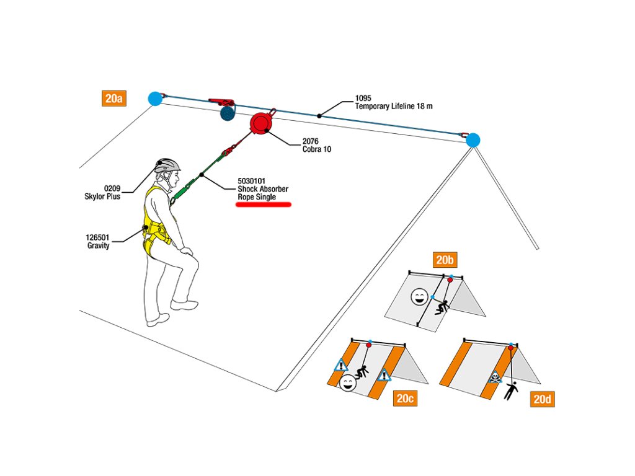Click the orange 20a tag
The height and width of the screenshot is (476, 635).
point(113,99)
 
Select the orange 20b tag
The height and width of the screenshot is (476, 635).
point(445,259)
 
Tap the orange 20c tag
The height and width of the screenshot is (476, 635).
point(405,399)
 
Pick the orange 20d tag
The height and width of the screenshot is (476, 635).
point(542,399)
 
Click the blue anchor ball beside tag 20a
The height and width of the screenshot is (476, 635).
point(154,98)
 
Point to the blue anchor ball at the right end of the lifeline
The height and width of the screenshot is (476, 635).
point(473,140)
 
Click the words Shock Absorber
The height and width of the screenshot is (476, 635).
point(263,189)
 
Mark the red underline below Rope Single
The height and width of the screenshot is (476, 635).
point(264,205)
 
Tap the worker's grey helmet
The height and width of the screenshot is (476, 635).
point(167,165)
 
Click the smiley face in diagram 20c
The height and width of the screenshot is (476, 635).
point(348,383)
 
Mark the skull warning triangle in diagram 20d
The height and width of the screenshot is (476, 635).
point(494,377)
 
